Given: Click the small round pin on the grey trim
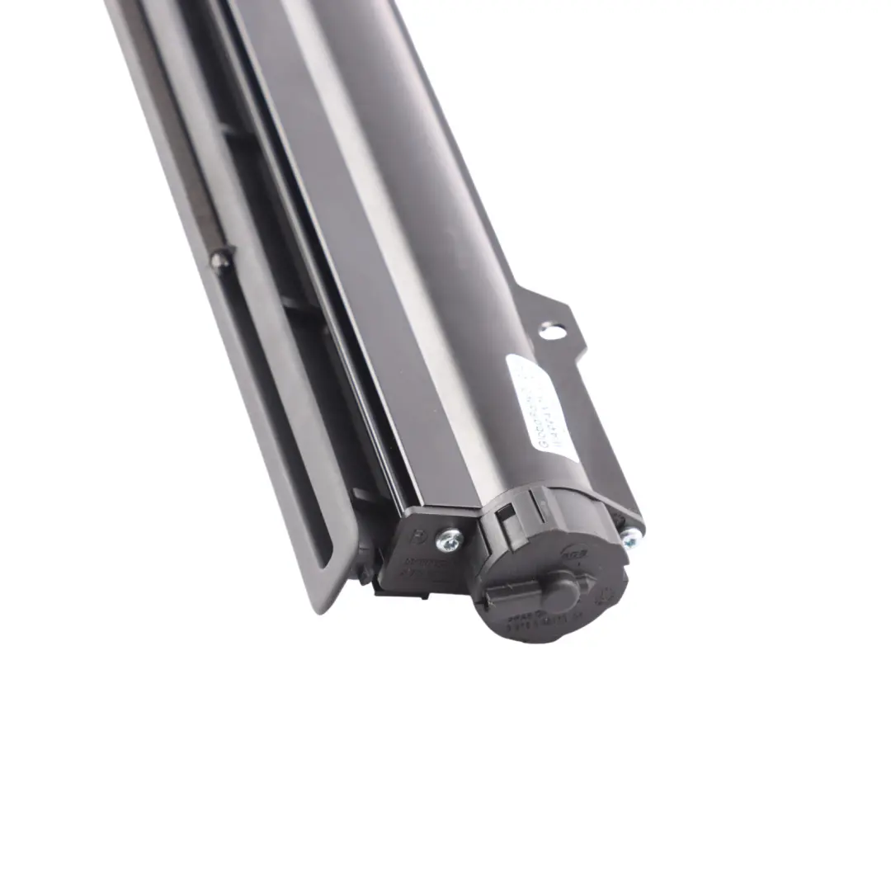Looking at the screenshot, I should [220, 262].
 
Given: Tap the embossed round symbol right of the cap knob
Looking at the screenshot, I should [607, 593].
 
